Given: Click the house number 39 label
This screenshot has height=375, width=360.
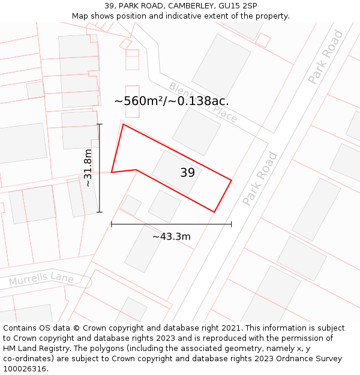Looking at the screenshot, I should [187, 173].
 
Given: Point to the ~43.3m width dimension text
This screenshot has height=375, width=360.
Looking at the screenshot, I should [172, 236].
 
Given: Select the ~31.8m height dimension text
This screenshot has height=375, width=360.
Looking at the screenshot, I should [88, 168].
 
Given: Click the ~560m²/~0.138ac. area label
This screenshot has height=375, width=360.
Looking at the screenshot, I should [172, 101].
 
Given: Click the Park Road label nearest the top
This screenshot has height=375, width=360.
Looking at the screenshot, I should [326, 56].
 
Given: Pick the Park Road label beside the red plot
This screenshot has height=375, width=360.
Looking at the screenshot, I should [260, 179].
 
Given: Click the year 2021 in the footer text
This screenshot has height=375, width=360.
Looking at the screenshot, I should [232, 328].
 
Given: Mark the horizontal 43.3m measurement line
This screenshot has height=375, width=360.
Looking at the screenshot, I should [172, 224].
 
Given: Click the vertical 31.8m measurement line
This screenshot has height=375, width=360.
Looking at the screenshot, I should [100, 168].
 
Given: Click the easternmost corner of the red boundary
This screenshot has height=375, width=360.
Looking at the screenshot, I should [232, 179].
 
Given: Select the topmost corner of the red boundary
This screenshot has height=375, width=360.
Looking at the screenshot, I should [123, 124].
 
